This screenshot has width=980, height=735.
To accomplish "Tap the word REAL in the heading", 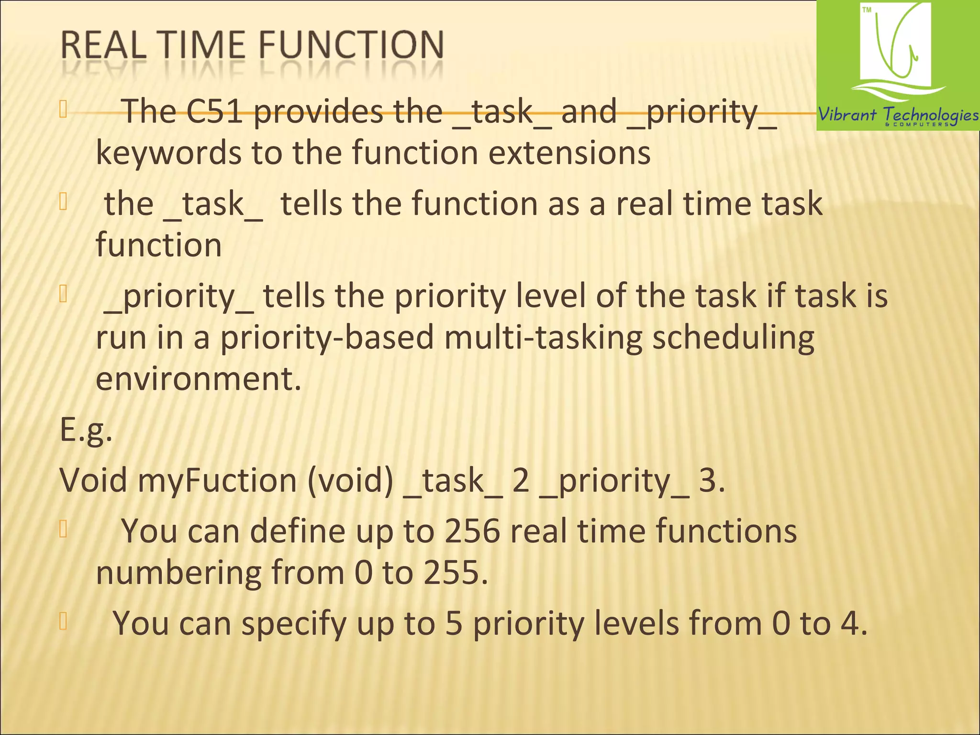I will (103, 45).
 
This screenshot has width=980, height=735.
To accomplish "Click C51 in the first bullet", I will (214, 111).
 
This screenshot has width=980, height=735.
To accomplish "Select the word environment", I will (199, 379).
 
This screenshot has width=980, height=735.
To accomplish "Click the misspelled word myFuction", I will (217, 480).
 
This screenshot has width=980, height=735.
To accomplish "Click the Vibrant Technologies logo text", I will (898, 115).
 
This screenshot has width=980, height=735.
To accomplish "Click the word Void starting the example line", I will (93, 480).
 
